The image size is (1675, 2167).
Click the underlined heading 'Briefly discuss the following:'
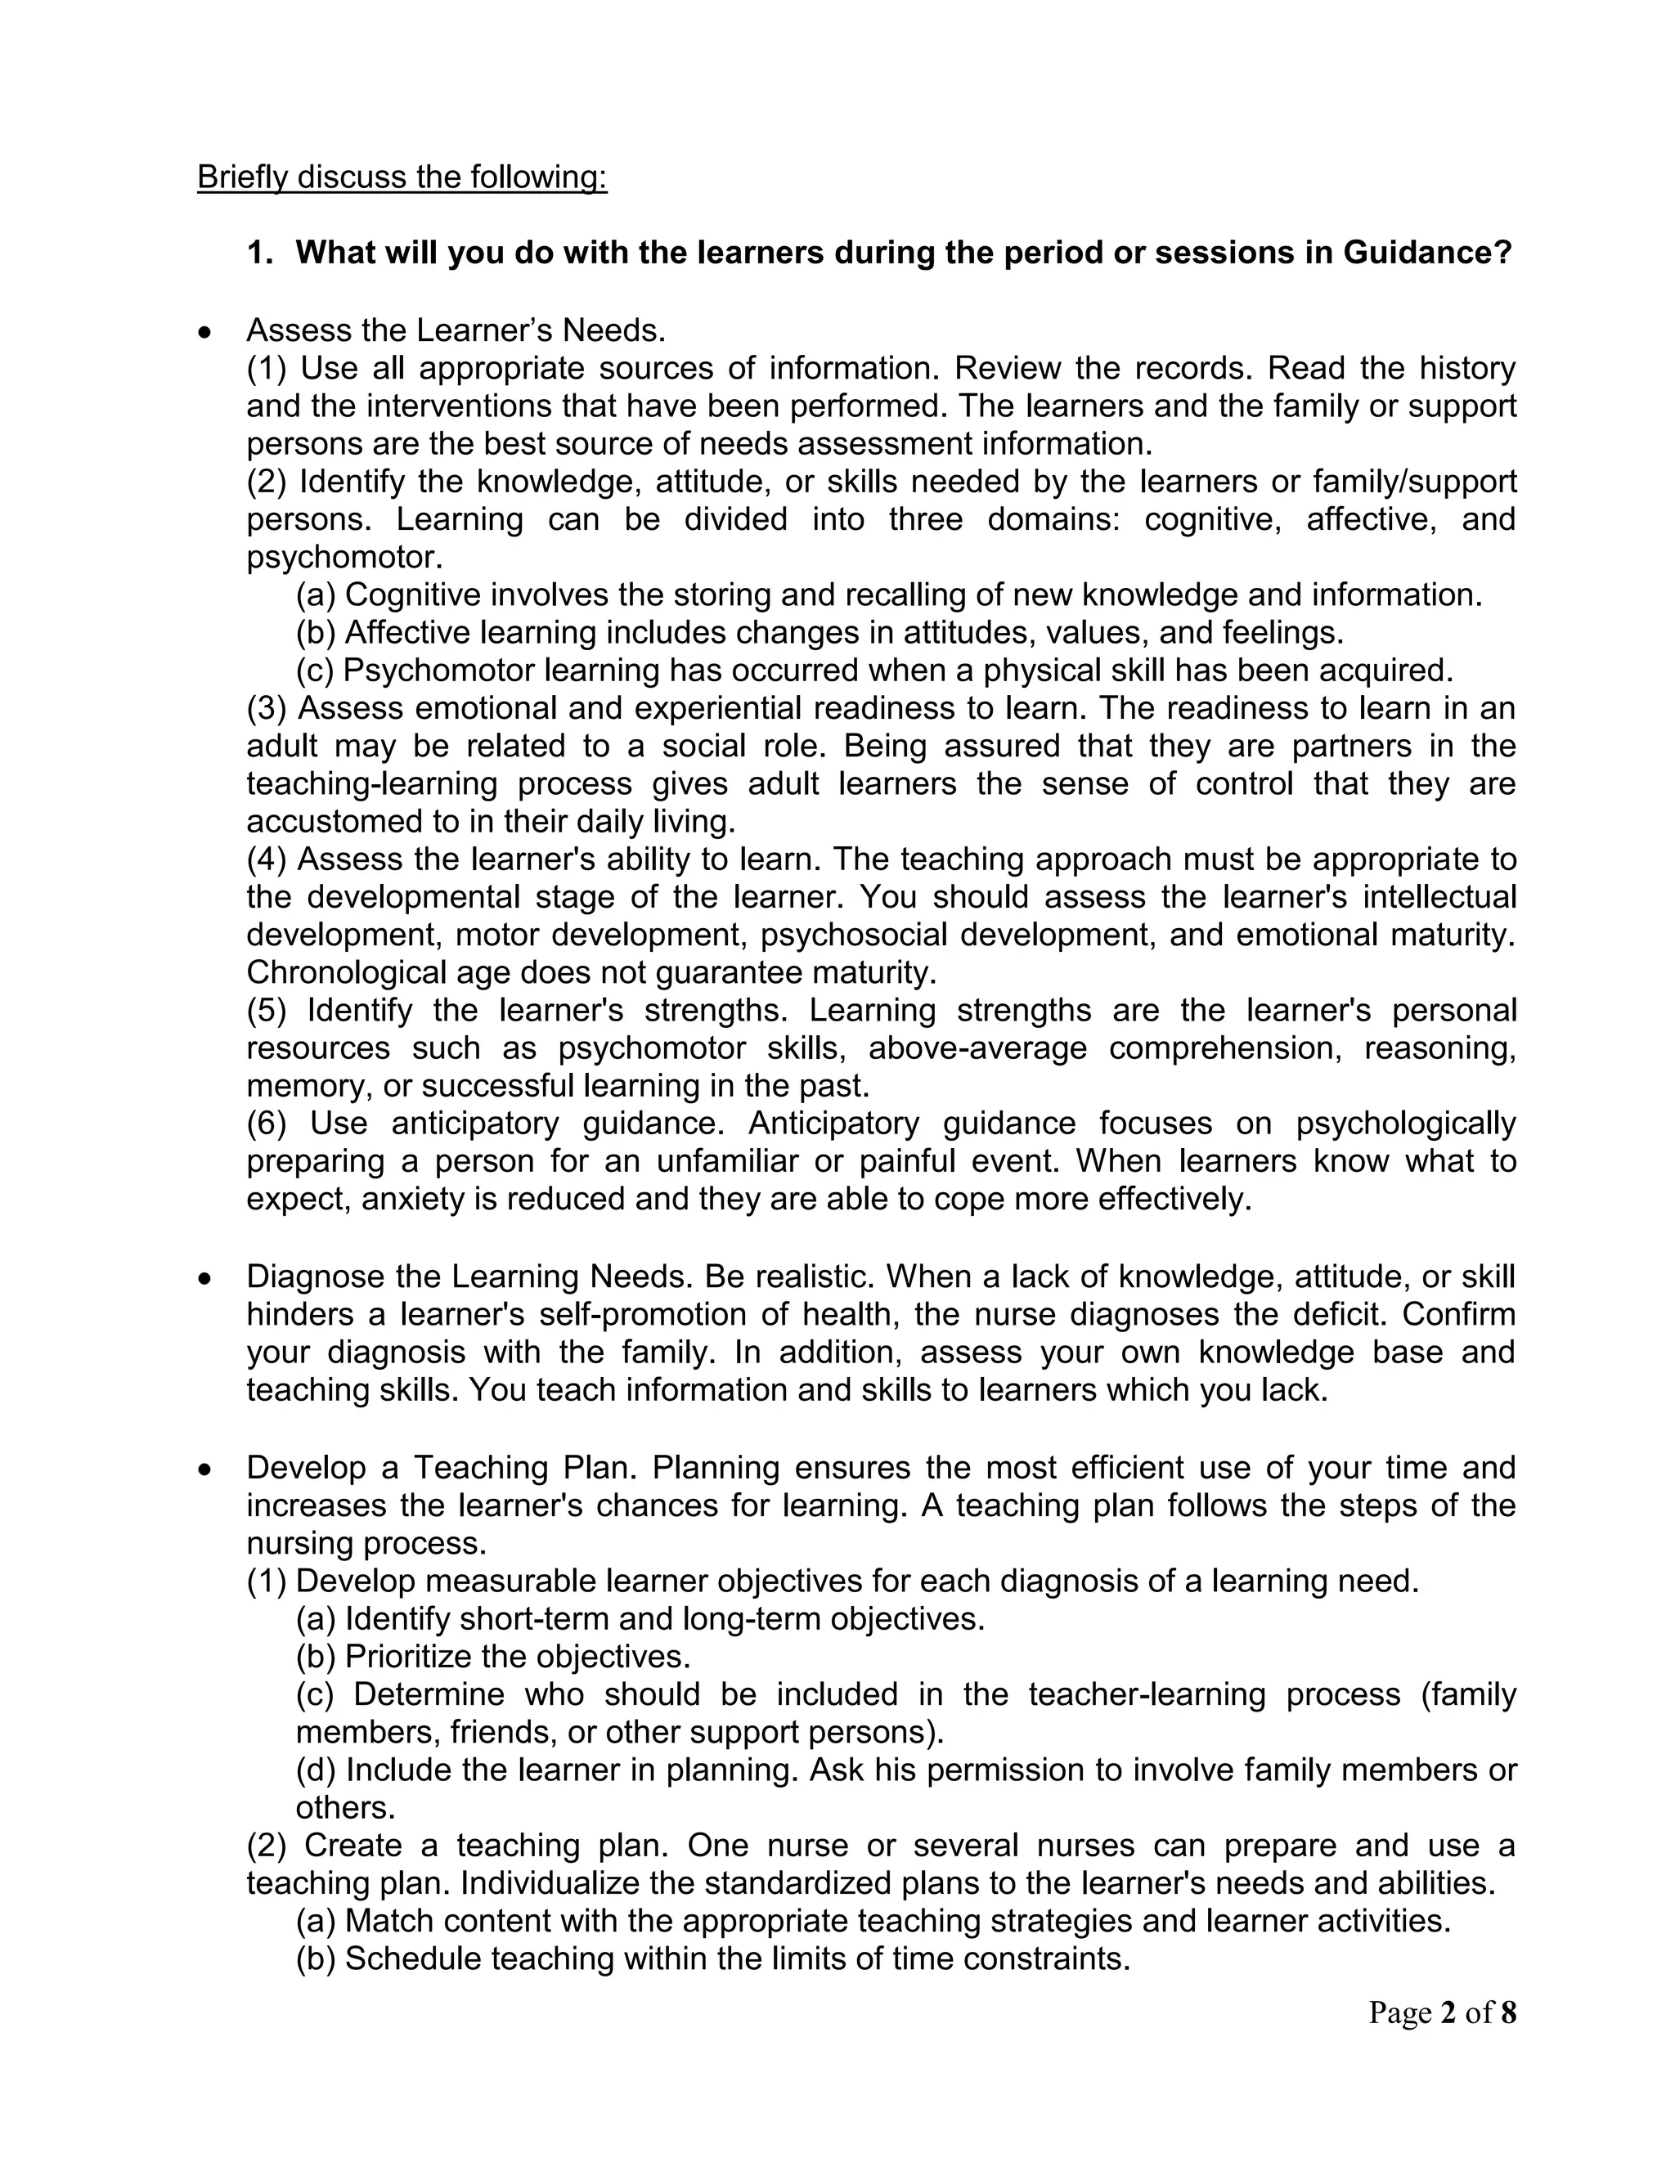point(402,177)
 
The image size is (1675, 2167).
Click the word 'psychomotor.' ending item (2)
point(344,558)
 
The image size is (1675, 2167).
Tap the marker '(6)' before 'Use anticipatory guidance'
point(266,1124)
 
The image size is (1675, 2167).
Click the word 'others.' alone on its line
point(345,1808)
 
